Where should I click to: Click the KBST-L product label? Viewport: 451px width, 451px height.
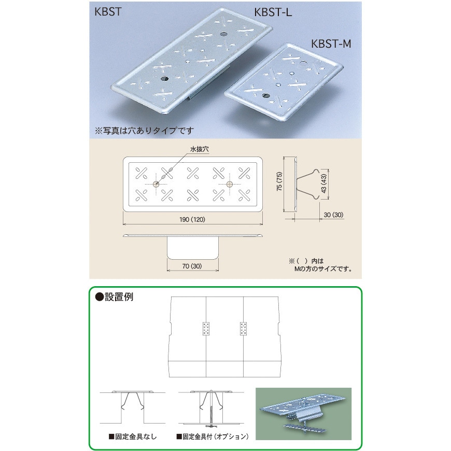click(273, 12)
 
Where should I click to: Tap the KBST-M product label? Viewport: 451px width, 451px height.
click(331, 44)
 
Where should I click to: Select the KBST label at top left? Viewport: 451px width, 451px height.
click(108, 12)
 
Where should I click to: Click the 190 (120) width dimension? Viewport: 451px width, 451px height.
click(192, 219)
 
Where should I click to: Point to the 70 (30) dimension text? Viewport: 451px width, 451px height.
click(192, 266)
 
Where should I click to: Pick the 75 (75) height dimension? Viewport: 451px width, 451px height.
click(279, 181)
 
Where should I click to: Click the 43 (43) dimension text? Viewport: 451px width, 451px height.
click(323, 184)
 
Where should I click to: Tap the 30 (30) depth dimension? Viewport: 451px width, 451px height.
click(333, 215)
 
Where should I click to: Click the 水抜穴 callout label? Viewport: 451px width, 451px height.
click(200, 149)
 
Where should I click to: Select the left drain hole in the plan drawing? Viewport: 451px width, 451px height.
click(156, 184)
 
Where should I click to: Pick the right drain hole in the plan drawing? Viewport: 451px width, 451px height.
click(229, 184)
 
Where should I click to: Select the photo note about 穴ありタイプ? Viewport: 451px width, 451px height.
click(144, 131)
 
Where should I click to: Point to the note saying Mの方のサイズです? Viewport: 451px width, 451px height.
click(323, 269)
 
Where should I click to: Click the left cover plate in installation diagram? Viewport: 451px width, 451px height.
click(206, 329)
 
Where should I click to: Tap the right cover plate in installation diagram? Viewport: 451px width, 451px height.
click(243, 329)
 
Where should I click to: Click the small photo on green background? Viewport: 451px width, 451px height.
click(303, 414)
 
